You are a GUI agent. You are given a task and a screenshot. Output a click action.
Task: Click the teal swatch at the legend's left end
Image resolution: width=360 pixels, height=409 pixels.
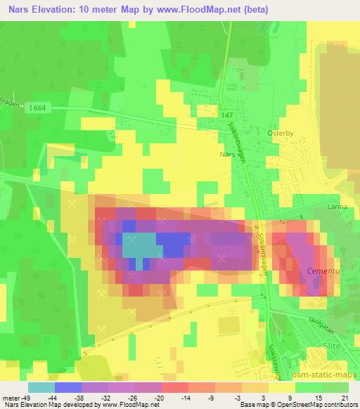[41, 387]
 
